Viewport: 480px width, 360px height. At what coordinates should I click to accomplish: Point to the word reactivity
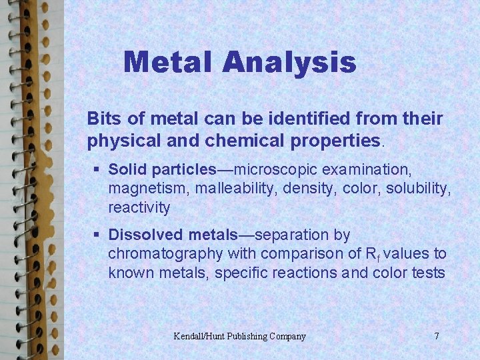[x=139, y=208]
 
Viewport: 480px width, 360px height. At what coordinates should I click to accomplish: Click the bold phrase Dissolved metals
[x=173, y=235]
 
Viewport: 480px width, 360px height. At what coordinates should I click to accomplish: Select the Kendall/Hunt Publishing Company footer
[x=239, y=336]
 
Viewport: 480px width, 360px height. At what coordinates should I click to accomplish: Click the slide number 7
[x=437, y=336]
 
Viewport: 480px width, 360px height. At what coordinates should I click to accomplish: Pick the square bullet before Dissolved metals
[x=97, y=235]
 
